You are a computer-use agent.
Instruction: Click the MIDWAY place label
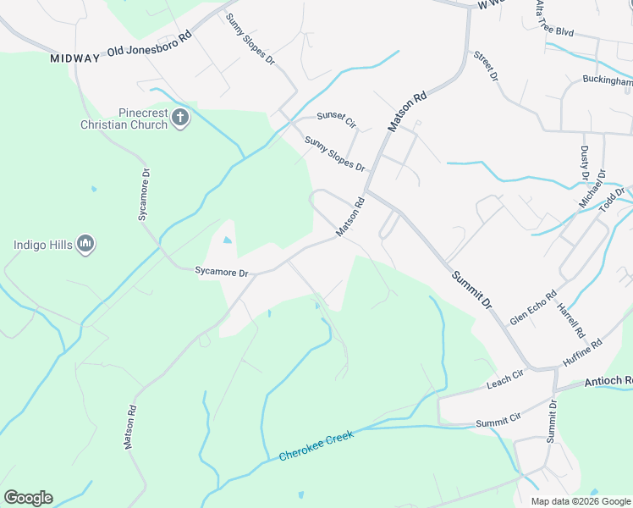75,58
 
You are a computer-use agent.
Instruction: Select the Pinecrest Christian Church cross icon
179,117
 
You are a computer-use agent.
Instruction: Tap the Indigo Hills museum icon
85,245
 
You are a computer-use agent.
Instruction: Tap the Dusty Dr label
583,162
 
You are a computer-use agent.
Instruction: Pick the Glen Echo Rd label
533,308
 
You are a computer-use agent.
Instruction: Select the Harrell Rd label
566,317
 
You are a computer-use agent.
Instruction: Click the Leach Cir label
506,384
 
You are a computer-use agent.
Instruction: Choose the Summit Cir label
498,422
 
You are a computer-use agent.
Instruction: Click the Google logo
28,498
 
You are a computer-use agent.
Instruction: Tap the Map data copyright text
580,501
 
